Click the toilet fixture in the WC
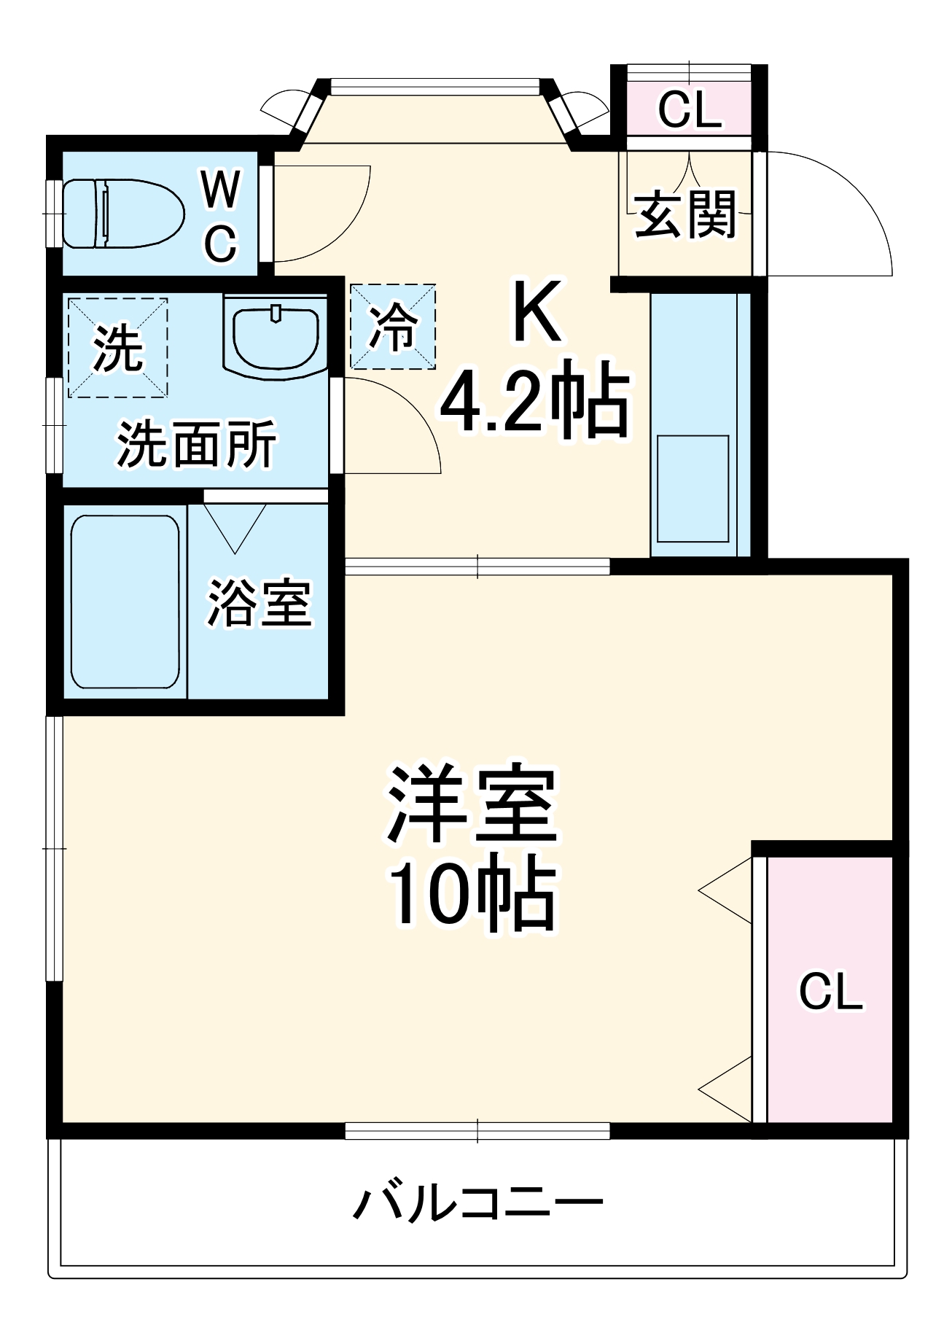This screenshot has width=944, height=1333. point(122,214)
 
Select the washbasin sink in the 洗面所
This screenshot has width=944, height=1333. point(276,335)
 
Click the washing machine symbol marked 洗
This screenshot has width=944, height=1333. point(118,348)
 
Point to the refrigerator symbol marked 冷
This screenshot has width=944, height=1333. point(393,326)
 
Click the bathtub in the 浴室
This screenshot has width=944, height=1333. point(125,602)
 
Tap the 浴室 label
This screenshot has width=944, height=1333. point(260,603)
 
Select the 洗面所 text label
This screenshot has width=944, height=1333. point(197,443)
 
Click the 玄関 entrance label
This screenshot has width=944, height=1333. point(686,214)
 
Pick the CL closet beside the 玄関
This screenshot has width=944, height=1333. point(689,109)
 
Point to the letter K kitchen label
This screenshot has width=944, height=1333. point(537,311)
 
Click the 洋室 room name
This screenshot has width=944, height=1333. point(472,804)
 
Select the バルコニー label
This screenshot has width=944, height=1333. point(478,1202)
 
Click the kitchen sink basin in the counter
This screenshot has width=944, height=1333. point(693,489)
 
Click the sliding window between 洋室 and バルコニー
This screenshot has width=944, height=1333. point(477,1131)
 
